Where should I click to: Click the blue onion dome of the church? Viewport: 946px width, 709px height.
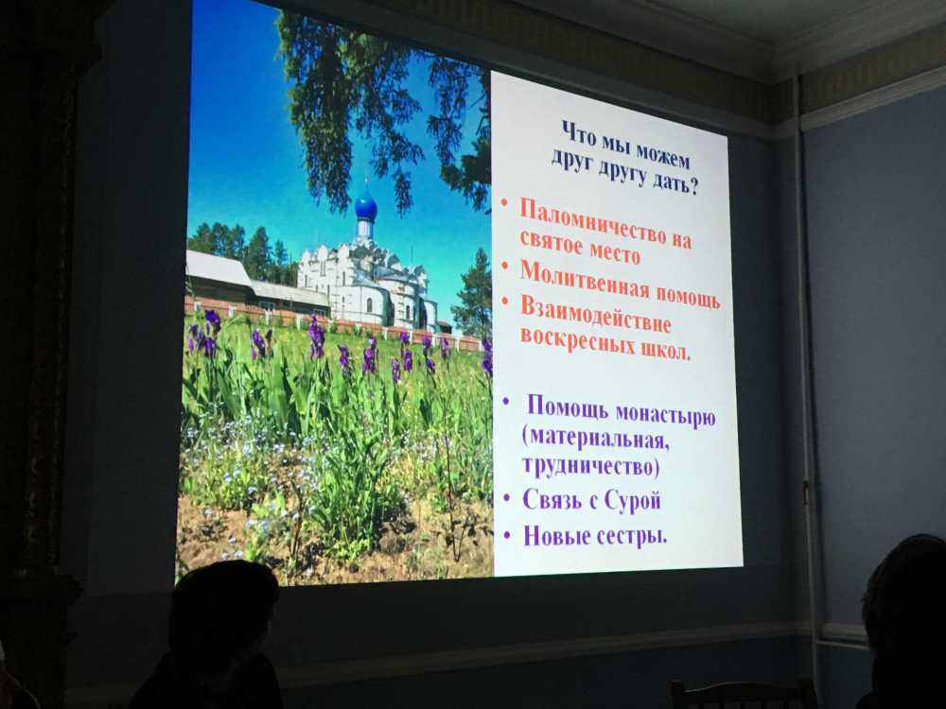click(365, 207)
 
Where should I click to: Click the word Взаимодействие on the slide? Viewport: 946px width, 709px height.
click(595, 316)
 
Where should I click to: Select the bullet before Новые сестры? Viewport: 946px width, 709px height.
click(509, 534)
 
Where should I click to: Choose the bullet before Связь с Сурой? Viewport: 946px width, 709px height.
click(508, 499)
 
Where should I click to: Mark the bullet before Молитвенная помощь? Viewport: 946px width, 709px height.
click(505, 266)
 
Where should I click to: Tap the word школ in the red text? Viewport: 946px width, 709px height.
click(665, 351)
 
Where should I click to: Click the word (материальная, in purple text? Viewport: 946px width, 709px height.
click(595, 440)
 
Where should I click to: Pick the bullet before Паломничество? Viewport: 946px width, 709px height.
click(504, 205)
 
